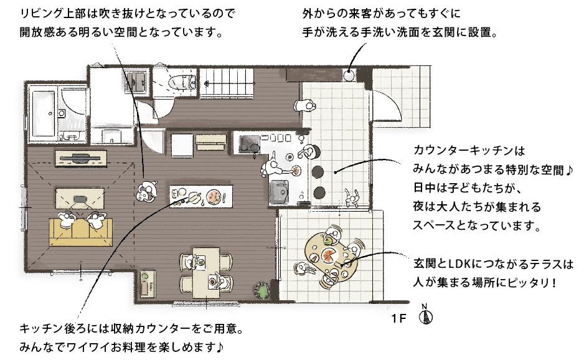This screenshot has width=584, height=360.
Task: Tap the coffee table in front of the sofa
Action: click(80, 199)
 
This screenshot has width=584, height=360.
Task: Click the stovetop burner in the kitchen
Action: click(250, 144)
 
